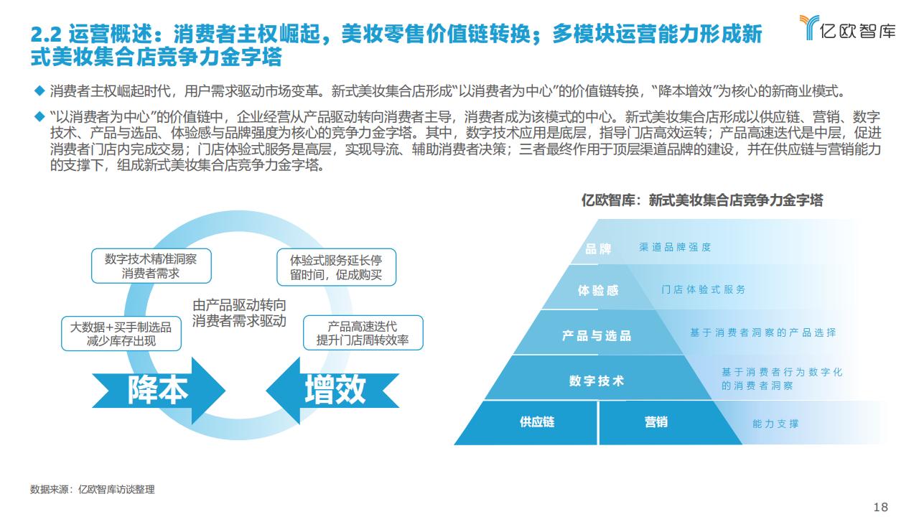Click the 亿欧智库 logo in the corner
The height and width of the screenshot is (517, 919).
coord(847,28)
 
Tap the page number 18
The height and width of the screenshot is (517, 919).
coord(880,507)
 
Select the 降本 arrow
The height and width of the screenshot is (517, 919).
coord(159,390)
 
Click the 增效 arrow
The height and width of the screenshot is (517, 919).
coord(332,390)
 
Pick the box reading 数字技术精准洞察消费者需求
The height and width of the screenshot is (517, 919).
coord(151,266)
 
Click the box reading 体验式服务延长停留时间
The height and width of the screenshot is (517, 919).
coord(337,267)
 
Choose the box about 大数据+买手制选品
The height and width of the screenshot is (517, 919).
coord(121,334)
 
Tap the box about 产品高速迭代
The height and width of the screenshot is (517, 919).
coord(363,332)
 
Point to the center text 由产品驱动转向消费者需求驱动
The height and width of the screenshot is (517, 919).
coord(239,313)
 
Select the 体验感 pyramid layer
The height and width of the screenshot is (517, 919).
coord(598,291)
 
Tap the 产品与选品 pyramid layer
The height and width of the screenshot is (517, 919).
coord(597,335)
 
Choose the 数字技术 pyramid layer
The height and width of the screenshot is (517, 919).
coord(597,381)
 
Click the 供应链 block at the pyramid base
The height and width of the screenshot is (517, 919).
coord(536,422)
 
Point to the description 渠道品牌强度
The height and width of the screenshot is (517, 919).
coord(675,247)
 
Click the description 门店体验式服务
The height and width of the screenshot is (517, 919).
coord(703,289)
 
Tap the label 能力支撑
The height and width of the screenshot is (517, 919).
coord(775,424)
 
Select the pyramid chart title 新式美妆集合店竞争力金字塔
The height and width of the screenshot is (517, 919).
coord(736,200)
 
